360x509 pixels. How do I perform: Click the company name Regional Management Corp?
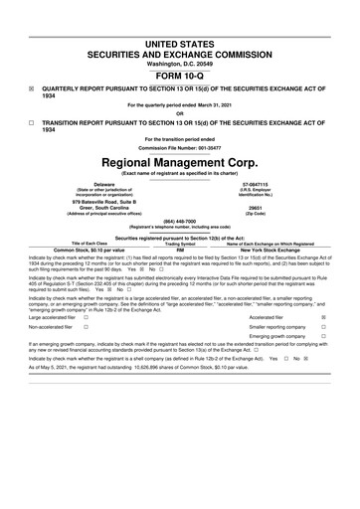[180, 161]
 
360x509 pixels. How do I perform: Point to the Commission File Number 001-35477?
[180, 149]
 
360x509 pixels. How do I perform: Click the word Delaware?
[77, 183]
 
